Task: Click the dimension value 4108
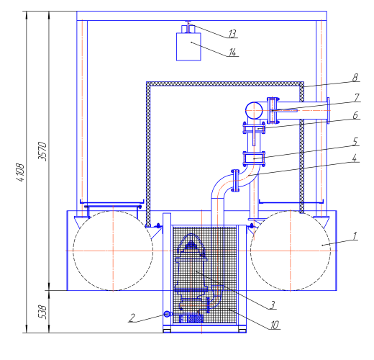tap(20, 173)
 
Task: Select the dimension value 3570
tap(42, 151)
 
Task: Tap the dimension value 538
tap(42, 312)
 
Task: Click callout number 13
tap(232, 34)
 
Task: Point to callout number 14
tap(232, 52)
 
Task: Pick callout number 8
tap(355, 77)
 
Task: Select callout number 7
tap(357, 97)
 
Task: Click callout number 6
tap(355, 115)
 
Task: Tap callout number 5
tap(355, 141)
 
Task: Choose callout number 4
tap(355, 158)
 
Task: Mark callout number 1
tap(355, 236)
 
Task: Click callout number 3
tap(272, 305)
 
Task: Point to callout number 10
tap(274, 325)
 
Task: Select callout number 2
tap(132, 318)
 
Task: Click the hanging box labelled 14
tap(188, 47)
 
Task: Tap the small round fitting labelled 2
tap(167, 314)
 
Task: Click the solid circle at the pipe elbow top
tap(254, 110)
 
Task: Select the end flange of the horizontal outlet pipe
tap(328, 110)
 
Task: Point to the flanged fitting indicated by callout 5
tap(254, 158)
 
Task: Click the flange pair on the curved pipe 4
tap(235, 181)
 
